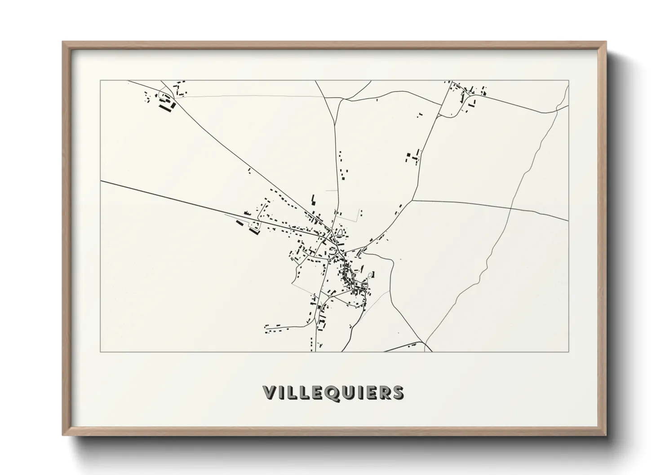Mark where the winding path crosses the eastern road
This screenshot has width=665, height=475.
(511, 208)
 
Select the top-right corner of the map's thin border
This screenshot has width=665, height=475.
(568, 81)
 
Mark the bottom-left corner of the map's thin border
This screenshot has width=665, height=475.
(101, 352)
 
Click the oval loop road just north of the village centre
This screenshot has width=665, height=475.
(343, 233)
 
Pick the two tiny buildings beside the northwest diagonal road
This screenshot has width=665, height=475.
(249, 170)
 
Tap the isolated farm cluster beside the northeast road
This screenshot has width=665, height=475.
(412, 157)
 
